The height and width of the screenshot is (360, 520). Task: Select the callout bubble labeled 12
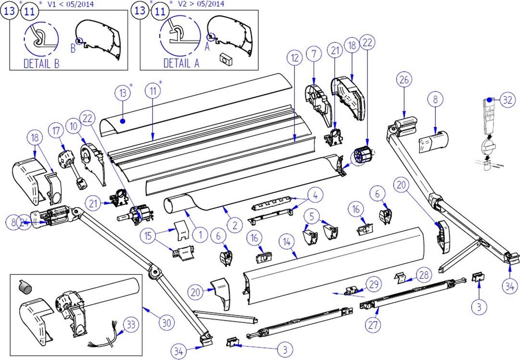pos(294,58)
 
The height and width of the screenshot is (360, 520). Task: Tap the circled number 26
pos(403,80)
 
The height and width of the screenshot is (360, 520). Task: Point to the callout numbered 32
pos(507,100)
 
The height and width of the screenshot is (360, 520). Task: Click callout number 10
pos(73,126)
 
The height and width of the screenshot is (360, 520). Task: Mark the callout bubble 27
pos(373,325)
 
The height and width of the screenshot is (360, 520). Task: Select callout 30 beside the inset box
pos(166,323)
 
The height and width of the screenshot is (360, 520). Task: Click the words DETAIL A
pos(181,63)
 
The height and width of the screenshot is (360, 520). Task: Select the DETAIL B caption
pos(41,63)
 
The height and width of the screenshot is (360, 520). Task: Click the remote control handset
pos(488,116)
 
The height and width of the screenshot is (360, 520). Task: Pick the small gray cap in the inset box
pos(25,286)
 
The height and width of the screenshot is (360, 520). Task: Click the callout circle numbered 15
pos(149,236)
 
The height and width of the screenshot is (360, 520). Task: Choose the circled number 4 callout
pos(315,196)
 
